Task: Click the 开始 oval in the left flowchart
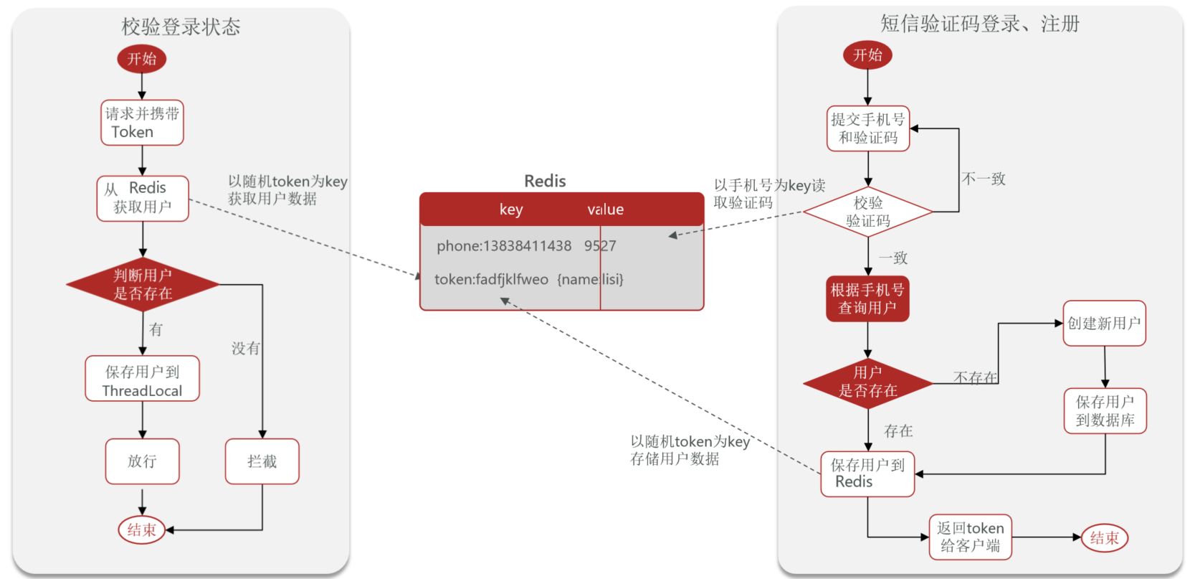pos(141,59)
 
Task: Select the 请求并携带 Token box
pos(142,123)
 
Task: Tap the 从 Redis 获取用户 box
pos(143,198)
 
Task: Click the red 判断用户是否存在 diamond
pos(143,285)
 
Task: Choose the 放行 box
pos(142,461)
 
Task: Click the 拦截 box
pos(262,461)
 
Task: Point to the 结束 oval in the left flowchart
pos(141,530)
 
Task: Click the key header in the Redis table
pos(511,210)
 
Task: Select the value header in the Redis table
pos(606,210)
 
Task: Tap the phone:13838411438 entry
pos(504,246)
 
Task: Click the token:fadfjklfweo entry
pos(491,279)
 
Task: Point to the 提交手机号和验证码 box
pos(867,128)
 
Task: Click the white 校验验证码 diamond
pos(867,212)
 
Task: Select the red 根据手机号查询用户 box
pos(867,298)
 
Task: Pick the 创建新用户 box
pos(1104,324)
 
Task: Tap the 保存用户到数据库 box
pos(1105,411)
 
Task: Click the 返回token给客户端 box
pos(970,537)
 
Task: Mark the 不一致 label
pos(984,179)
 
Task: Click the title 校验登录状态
pos(181,27)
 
